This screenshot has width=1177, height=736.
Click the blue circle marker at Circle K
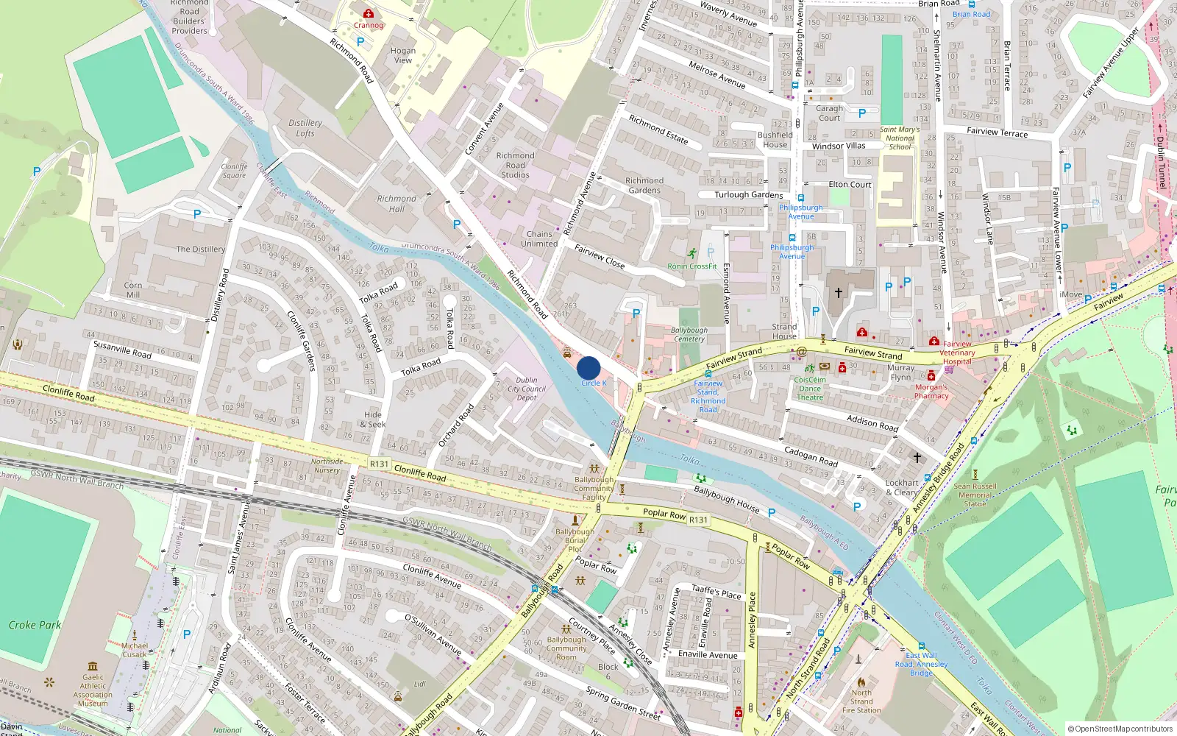point(588,368)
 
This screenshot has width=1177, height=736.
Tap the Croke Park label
point(35,625)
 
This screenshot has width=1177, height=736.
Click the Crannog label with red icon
point(369,24)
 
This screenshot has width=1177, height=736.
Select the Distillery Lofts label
point(305,128)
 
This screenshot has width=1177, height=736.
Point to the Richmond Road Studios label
point(515,166)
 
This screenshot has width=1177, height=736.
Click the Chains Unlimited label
point(539,238)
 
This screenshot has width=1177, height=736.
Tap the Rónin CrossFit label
point(691,266)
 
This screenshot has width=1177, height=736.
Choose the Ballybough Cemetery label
point(689,334)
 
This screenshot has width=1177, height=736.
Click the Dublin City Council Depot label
point(527,389)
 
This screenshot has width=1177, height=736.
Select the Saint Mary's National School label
point(900,138)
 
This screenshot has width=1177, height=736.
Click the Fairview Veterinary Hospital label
point(957,353)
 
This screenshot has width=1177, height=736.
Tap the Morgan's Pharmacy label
point(931,391)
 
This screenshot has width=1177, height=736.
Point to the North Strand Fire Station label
point(861,701)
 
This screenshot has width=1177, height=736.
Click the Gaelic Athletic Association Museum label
point(93,690)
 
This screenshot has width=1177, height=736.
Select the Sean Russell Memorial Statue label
point(975,495)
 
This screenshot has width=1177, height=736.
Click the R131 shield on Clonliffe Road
point(379,464)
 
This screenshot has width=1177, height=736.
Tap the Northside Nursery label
point(327,465)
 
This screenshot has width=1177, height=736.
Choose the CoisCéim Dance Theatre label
point(810,389)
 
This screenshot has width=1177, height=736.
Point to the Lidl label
point(419,684)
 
